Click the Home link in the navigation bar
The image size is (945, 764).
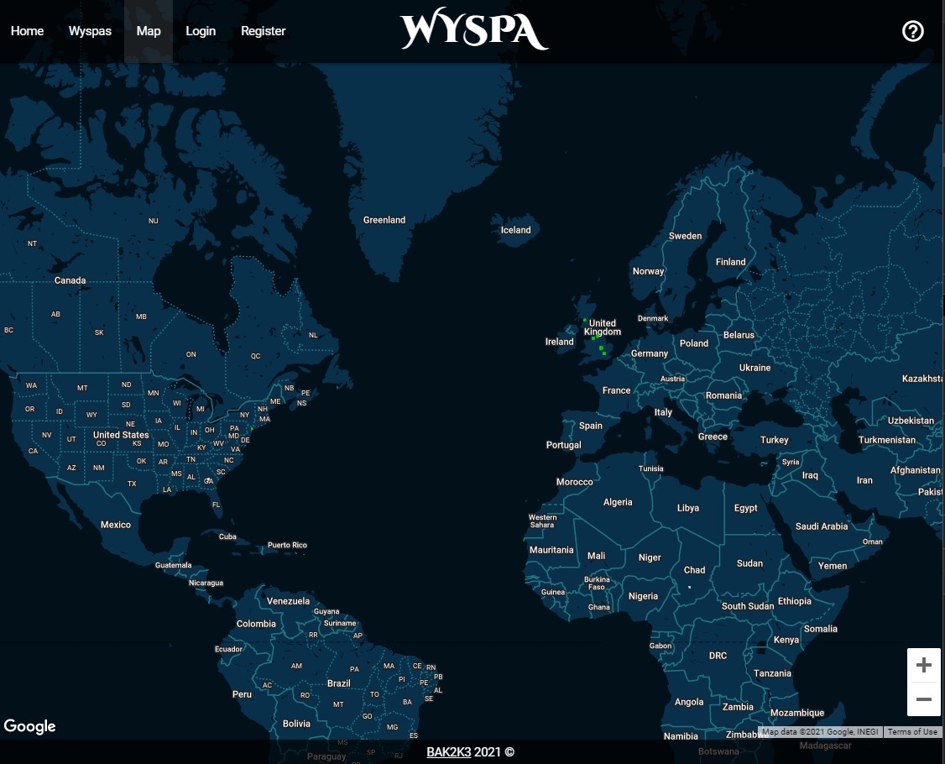pos(27,31)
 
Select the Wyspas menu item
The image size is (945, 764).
pos(90,31)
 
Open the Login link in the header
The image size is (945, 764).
pos(201,31)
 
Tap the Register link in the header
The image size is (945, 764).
pos(264,31)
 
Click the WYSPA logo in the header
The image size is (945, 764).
pos(474,31)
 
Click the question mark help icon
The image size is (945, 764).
pos(912,31)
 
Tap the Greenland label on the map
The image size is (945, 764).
pos(384,220)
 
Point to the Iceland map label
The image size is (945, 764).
pos(516,230)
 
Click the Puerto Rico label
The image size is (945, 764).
pos(287,545)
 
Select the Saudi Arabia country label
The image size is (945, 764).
pos(822,526)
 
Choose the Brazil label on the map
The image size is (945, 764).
pos(339,683)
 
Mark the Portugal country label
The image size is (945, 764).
pos(563,445)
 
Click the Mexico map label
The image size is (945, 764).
pos(116,525)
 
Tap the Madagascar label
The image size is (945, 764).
pos(826,746)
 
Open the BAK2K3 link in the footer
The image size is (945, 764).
pos(448,752)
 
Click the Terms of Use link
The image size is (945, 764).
pos(912,732)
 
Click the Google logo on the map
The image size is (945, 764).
pos(30,726)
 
